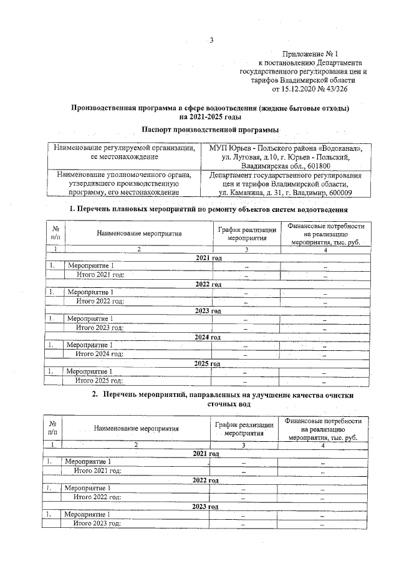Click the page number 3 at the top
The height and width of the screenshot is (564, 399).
pos(211,41)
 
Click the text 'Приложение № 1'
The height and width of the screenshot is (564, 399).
pos(309,55)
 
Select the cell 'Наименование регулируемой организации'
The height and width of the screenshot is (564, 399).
pos(125,148)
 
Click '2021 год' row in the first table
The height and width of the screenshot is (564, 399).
pos(208,257)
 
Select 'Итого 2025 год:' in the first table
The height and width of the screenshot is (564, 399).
pos(99,380)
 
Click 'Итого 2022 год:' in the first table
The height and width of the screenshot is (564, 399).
pos(100,301)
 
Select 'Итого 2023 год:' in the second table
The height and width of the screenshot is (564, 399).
pos(97,523)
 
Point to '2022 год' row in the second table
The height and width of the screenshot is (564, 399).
pos(206,480)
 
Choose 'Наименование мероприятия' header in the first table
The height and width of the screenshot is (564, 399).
pos(139,234)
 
